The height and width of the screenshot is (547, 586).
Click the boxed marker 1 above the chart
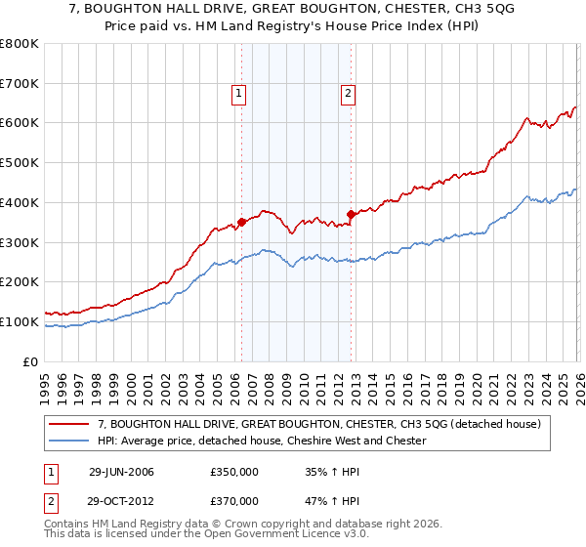pyautogui.click(x=239, y=94)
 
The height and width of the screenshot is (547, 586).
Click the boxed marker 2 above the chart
pyautogui.click(x=348, y=94)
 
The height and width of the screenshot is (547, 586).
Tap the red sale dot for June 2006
pyautogui.click(x=241, y=222)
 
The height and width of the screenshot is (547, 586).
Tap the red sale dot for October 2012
pyautogui.click(x=351, y=214)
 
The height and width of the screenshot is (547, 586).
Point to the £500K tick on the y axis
pyautogui.click(x=20, y=163)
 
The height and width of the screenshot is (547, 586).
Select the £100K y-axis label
pyautogui.click(x=20, y=321)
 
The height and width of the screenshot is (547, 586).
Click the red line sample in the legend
pyautogui.click(x=70, y=424)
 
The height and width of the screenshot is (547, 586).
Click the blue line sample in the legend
pyautogui.click(x=70, y=441)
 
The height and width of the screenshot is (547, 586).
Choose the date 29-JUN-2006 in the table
pyautogui.click(x=121, y=472)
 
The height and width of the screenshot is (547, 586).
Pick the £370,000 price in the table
pyautogui.click(x=233, y=501)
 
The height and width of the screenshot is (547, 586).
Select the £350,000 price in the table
pyautogui.click(x=233, y=472)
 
